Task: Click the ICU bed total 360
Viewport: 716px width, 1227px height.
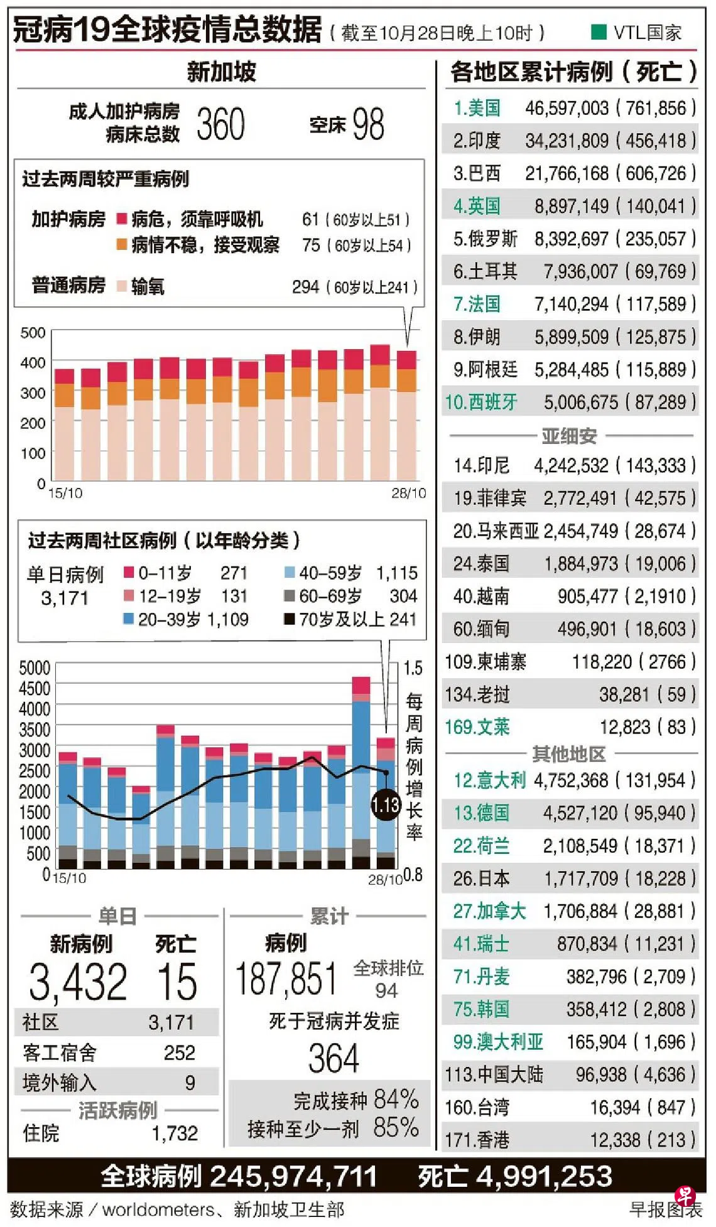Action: point(220,124)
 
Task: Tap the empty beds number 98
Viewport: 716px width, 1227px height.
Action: point(368,124)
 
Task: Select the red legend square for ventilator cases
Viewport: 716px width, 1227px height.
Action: point(122,219)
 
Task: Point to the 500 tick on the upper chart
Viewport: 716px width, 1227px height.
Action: point(33,333)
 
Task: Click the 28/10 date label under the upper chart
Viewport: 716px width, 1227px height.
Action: point(408,494)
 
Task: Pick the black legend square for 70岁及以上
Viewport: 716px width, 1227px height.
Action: point(290,620)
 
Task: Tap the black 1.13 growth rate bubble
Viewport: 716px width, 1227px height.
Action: point(385,804)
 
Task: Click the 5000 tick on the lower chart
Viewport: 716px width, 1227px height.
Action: point(35,668)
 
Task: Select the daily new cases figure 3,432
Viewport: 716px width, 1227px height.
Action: point(78,982)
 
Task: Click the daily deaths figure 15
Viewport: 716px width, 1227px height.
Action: point(177,982)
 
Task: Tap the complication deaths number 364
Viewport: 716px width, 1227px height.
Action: point(334,1059)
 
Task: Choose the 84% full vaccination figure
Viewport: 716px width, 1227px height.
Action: point(396,1100)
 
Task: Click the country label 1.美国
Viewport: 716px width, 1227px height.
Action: point(477,109)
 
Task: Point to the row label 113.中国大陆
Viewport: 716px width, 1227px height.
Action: point(494,1074)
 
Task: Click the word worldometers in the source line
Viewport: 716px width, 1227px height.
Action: point(158,1209)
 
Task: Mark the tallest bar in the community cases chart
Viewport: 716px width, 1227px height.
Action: point(361,772)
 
